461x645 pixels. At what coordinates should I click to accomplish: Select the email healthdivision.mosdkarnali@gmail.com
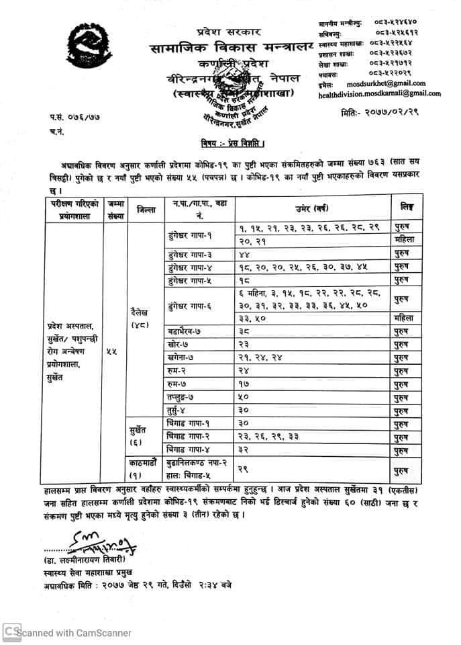(x=379, y=94)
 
